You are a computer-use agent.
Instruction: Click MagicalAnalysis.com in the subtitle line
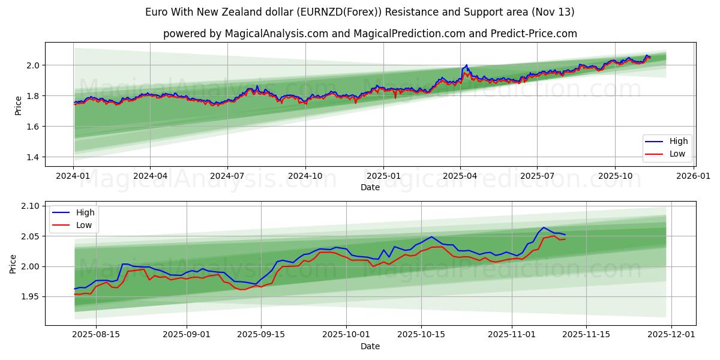(276, 34)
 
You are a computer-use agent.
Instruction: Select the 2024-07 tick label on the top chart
(227, 176)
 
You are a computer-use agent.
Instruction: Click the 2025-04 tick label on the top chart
(460, 176)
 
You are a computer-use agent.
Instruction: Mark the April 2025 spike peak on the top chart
(466, 65)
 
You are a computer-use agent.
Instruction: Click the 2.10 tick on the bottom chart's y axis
(30, 206)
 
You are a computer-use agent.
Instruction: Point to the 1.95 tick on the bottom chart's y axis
(30, 296)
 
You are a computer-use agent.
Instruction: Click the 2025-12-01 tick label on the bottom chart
(671, 335)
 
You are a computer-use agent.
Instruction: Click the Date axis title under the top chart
(370, 187)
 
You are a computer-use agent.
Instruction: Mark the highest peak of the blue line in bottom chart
(543, 227)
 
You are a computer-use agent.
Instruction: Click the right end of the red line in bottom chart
(565, 239)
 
